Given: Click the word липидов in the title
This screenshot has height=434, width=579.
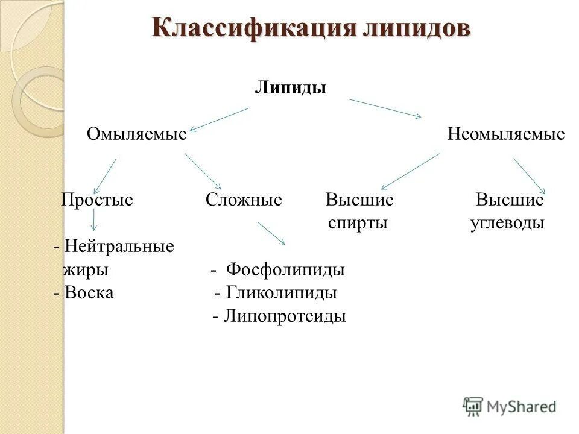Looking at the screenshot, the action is pos(416,29).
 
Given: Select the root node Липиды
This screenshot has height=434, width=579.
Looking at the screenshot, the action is pos(290,88).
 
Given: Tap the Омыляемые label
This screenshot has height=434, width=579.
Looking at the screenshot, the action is pos(137,134).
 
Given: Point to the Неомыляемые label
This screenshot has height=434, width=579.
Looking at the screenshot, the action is pos(506,134).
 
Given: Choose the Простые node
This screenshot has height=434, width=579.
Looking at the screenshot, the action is pos(97,200).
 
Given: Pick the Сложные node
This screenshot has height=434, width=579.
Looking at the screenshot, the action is pos(244,200).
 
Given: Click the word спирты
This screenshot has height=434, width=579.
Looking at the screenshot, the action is pos(358,223).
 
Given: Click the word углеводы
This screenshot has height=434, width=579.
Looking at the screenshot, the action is pos(507,223).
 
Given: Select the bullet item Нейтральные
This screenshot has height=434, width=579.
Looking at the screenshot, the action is pos(118,246).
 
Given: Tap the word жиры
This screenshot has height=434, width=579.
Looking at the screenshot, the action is pos(86,269).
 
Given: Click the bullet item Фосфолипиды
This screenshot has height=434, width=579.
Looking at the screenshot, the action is pos(285,269).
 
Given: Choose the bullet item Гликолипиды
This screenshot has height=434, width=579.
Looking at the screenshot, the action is pos(281,293).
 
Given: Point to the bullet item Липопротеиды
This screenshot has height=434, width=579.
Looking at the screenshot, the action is pos(285,316).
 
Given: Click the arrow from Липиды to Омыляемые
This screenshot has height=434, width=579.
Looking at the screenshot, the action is pos(220,119).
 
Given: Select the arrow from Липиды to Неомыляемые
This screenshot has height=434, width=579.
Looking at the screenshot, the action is pos(385,108).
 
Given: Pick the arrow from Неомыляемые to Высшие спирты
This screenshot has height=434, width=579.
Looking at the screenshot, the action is pos(410,171).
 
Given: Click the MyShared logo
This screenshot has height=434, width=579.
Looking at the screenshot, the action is pos(510,406).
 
